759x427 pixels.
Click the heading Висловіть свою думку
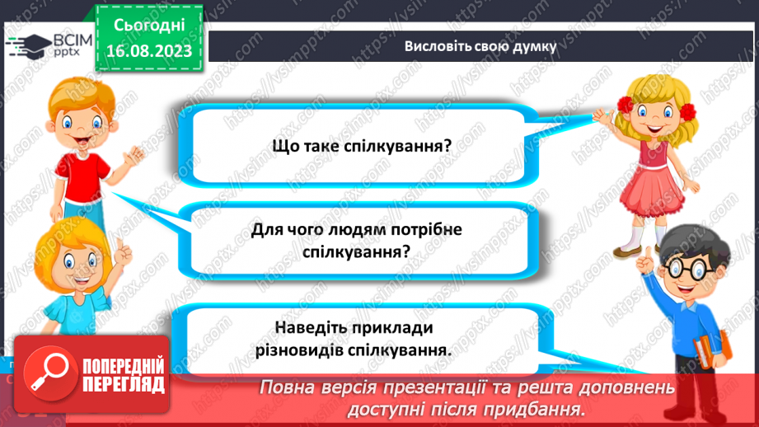[480, 46]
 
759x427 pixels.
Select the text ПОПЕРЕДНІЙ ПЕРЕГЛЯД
[124, 375]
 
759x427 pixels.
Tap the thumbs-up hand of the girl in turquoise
[121, 250]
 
